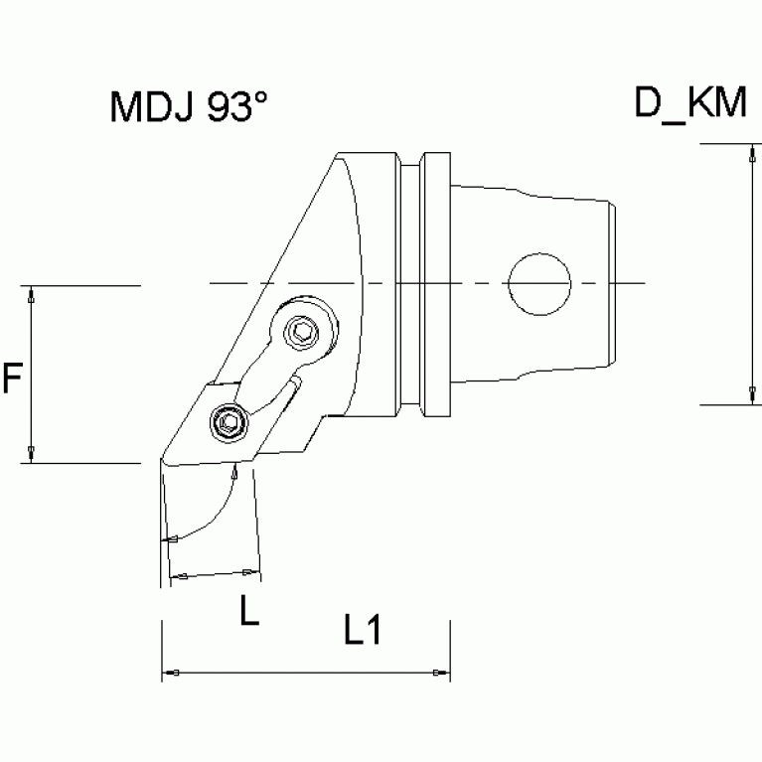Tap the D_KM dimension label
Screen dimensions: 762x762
[x=689, y=103]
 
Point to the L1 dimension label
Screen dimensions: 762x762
[x=363, y=631]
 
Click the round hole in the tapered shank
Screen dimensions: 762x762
[x=538, y=284]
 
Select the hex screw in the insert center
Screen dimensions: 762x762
[x=228, y=424]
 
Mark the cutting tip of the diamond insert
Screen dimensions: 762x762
[x=160, y=462]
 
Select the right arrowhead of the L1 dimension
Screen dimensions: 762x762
[x=439, y=675]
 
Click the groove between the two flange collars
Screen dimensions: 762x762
[x=418, y=284]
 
